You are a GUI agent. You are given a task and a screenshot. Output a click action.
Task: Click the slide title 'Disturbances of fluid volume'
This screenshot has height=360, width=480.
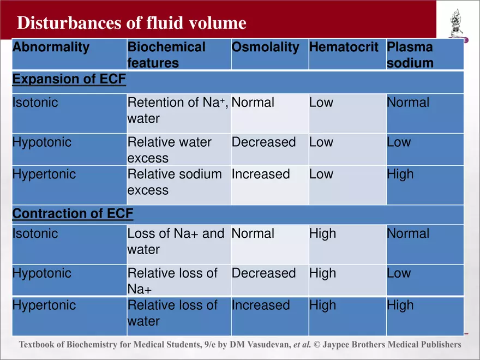[131, 23]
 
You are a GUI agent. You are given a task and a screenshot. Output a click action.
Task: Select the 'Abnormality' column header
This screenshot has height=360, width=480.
[51, 47]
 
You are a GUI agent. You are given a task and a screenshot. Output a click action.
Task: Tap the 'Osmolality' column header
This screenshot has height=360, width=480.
[265, 47]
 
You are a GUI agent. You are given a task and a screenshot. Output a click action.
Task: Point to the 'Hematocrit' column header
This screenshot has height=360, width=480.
[344, 47]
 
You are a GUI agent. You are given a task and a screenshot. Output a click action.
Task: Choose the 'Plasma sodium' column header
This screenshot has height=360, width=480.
[410, 55]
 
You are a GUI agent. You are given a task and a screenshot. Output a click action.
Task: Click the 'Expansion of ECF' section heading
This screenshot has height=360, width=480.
[69, 80]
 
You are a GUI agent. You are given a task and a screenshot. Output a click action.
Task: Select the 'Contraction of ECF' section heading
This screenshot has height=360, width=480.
[73, 213]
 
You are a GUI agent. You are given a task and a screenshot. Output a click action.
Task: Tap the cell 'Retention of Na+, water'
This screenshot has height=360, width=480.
[178, 111]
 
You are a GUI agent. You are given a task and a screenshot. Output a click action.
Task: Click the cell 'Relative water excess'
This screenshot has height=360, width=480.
[169, 150]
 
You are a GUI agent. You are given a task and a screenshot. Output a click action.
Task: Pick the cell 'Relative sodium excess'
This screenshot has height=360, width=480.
[175, 182]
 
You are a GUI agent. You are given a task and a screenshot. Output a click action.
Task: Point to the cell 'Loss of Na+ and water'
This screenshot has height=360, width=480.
[176, 242]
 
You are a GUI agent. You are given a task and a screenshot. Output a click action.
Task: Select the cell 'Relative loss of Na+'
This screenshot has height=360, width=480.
[172, 280]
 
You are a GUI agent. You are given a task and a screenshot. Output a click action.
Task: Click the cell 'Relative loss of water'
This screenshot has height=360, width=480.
[172, 313]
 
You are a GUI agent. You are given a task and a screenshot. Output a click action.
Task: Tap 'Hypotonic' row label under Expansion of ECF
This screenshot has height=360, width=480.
[42, 142]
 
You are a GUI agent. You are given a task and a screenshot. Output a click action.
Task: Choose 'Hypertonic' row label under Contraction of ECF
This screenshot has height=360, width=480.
[44, 305]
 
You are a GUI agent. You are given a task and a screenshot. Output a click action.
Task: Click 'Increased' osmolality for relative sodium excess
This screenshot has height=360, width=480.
[261, 175]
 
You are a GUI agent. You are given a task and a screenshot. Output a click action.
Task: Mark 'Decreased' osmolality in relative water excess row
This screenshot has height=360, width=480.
[263, 142]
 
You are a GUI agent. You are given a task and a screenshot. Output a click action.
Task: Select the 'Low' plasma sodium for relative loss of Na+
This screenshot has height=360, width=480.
[399, 273]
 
